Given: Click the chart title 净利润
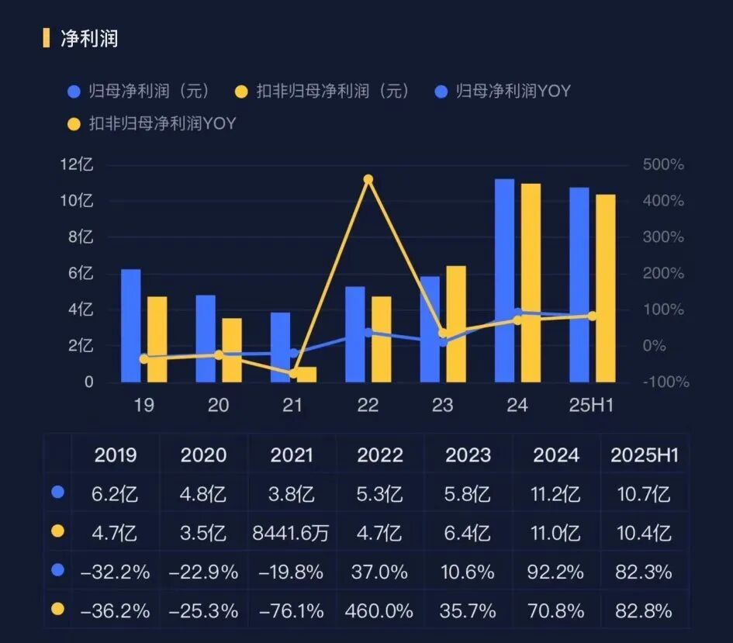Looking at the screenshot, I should pos(89,38).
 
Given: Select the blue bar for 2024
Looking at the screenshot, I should pos(504,279).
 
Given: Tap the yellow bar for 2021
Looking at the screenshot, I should pos(306,374).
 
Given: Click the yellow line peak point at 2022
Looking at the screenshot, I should pos(368,179).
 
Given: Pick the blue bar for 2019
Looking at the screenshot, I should pos(131,326).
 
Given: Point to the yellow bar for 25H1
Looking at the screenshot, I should pos(606,287).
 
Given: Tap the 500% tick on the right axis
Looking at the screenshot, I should pos(663,165).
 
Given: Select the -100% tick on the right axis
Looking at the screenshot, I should pos(666,382).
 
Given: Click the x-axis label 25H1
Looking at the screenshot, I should pos(592,405).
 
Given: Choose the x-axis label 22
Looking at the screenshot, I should pos(368,405).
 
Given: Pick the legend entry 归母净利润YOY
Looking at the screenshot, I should pos(513,91).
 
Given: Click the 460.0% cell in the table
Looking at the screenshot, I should pos(379,610).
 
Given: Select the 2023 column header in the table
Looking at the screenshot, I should pos(468,455).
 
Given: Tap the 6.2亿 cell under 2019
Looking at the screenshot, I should pos(116,494).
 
